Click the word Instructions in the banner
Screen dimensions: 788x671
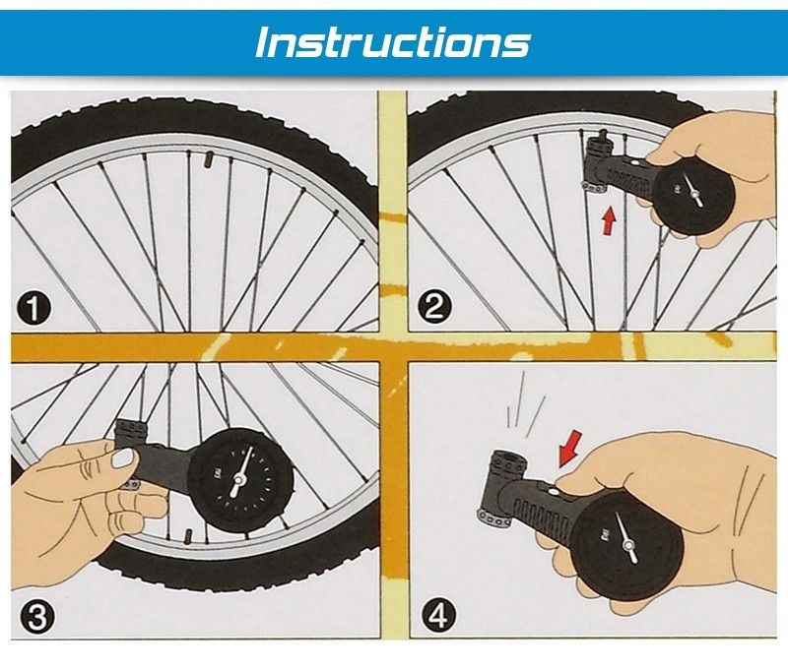coord(392,42)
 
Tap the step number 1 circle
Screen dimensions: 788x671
coord(33,309)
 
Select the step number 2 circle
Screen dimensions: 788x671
coord(433,306)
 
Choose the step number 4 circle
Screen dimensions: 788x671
coord(438,615)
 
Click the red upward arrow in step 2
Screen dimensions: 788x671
coord(609,221)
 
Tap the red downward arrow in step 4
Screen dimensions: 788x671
coord(570,449)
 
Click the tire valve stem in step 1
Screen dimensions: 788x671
coord(209,160)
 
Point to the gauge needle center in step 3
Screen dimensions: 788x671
coord(237,480)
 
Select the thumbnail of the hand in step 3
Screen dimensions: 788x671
coord(124,457)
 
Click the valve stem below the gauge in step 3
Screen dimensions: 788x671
coord(188,536)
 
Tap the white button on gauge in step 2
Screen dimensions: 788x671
coord(635,163)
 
